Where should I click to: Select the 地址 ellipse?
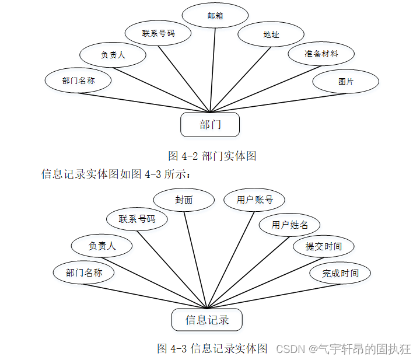coord(271,34)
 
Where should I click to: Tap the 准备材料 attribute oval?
coord(321,54)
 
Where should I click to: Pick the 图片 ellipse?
coord(346,82)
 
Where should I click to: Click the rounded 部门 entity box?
coord(210,124)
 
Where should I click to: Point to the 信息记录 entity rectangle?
coord(206,320)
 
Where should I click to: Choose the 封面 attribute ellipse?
coord(184,200)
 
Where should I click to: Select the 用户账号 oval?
coord(255,200)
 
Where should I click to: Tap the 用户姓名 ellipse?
coord(290,225)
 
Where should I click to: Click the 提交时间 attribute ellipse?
coord(323,246)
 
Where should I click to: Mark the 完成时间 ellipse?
coord(341,273)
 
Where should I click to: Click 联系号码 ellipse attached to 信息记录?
coord(137,219)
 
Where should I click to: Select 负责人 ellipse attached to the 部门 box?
coord(113,55)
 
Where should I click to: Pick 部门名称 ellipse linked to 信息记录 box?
coord(84,272)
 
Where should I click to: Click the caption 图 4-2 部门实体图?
coord(212,156)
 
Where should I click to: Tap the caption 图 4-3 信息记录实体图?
coord(212,349)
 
